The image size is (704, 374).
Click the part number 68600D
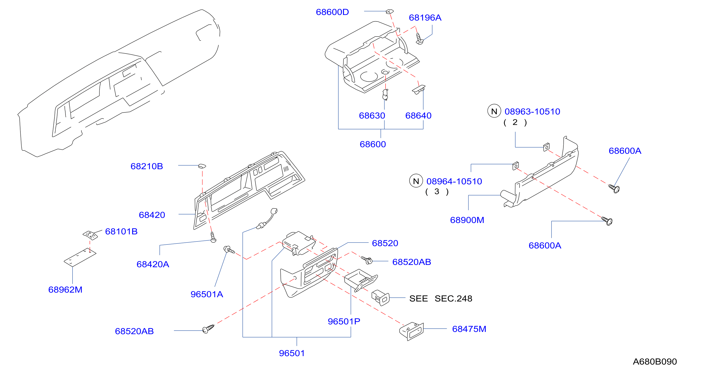(x=332, y=12)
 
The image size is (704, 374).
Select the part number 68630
(x=372, y=115)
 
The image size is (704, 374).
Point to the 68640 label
(x=418, y=115)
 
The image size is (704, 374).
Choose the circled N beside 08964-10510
(x=416, y=181)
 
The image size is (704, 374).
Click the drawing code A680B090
(x=655, y=361)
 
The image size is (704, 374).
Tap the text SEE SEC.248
(x=440, y=298)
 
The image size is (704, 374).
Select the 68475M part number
(x=469, y=329)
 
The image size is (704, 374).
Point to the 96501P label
(x=344, y=321)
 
